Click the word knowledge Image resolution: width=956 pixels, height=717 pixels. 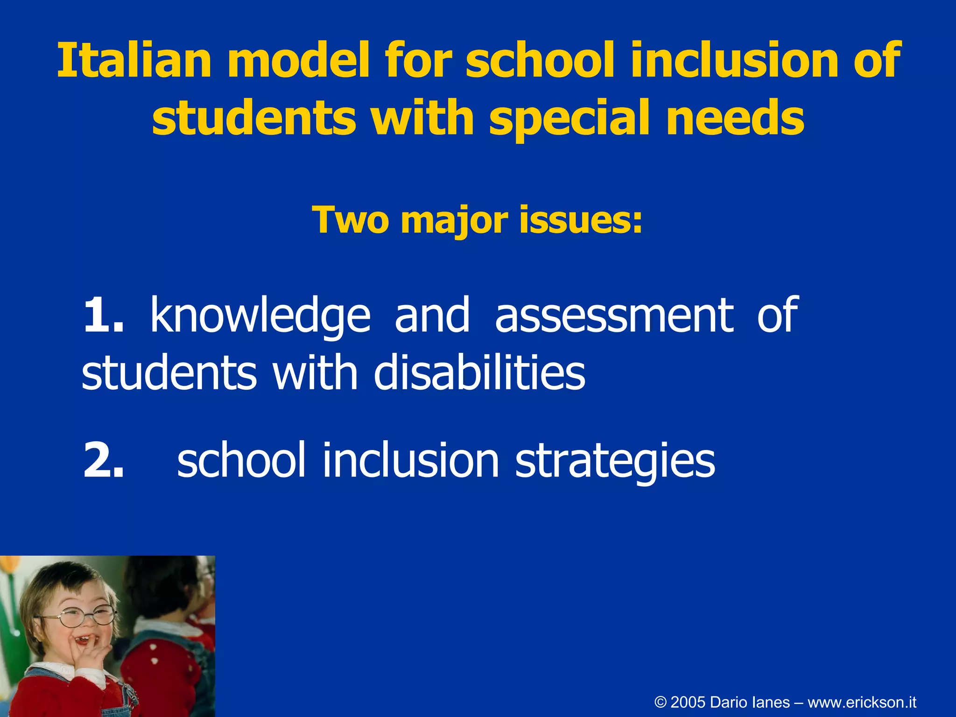pyautogui.click(x=260, y=316)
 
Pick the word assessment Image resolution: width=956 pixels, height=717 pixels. pyautogui.click(x=614, y=316)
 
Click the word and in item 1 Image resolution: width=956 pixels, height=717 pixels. pyautogui.click(x=432, y=316)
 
